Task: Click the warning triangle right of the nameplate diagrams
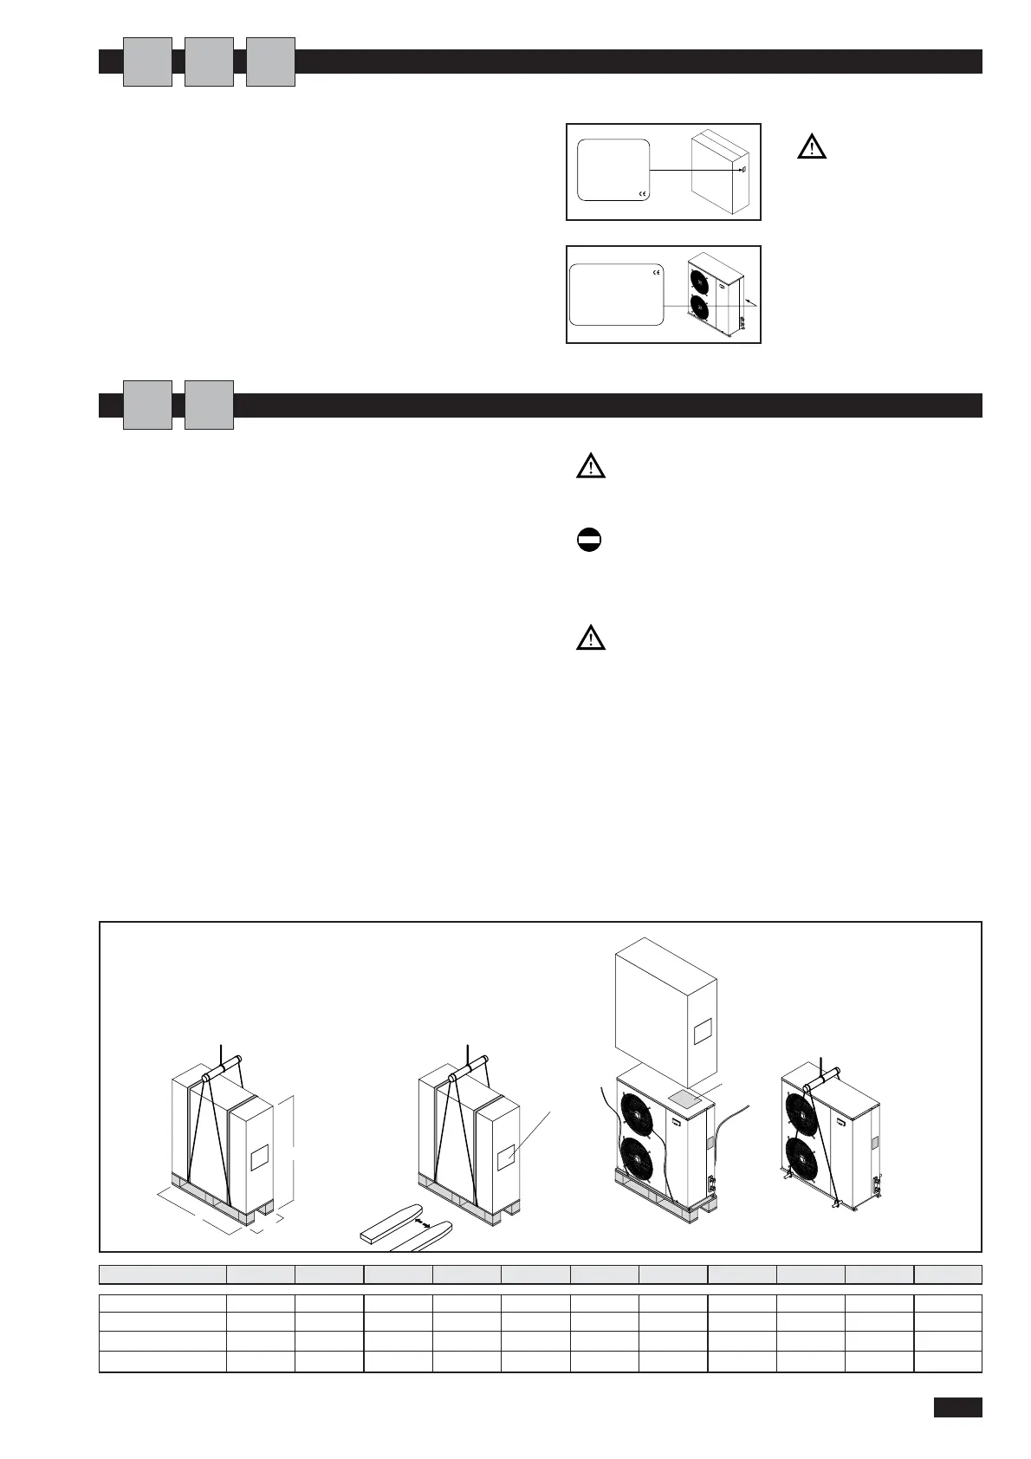pyautogui.click(x=811, y=147)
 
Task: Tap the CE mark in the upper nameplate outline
pyautogui.click(x=642, y=193)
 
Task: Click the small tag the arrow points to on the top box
pyautogui.click(x=743, y=170)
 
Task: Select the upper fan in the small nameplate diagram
pyautogui.click(x=698, y=280)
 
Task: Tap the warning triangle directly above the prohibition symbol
pyautogui.click(x=590, y=467)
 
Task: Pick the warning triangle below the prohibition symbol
pyautogui.click(x=590, y=639)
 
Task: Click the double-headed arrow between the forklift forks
pyautogui.click(x=423, y=1222)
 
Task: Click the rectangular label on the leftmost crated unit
pyautogui.click(x=260, y=1157)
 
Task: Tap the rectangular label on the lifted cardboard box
pyautogui.click(x=703, y=1031)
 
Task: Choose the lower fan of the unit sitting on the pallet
pyautogui.click(x=640, y=1162)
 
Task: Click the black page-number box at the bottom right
pyautogui.click(x=957, y=1407)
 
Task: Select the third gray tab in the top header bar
pyautogui.click(x=270, y=62)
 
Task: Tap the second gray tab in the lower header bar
pyautogui.click(x=209, y=405)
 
